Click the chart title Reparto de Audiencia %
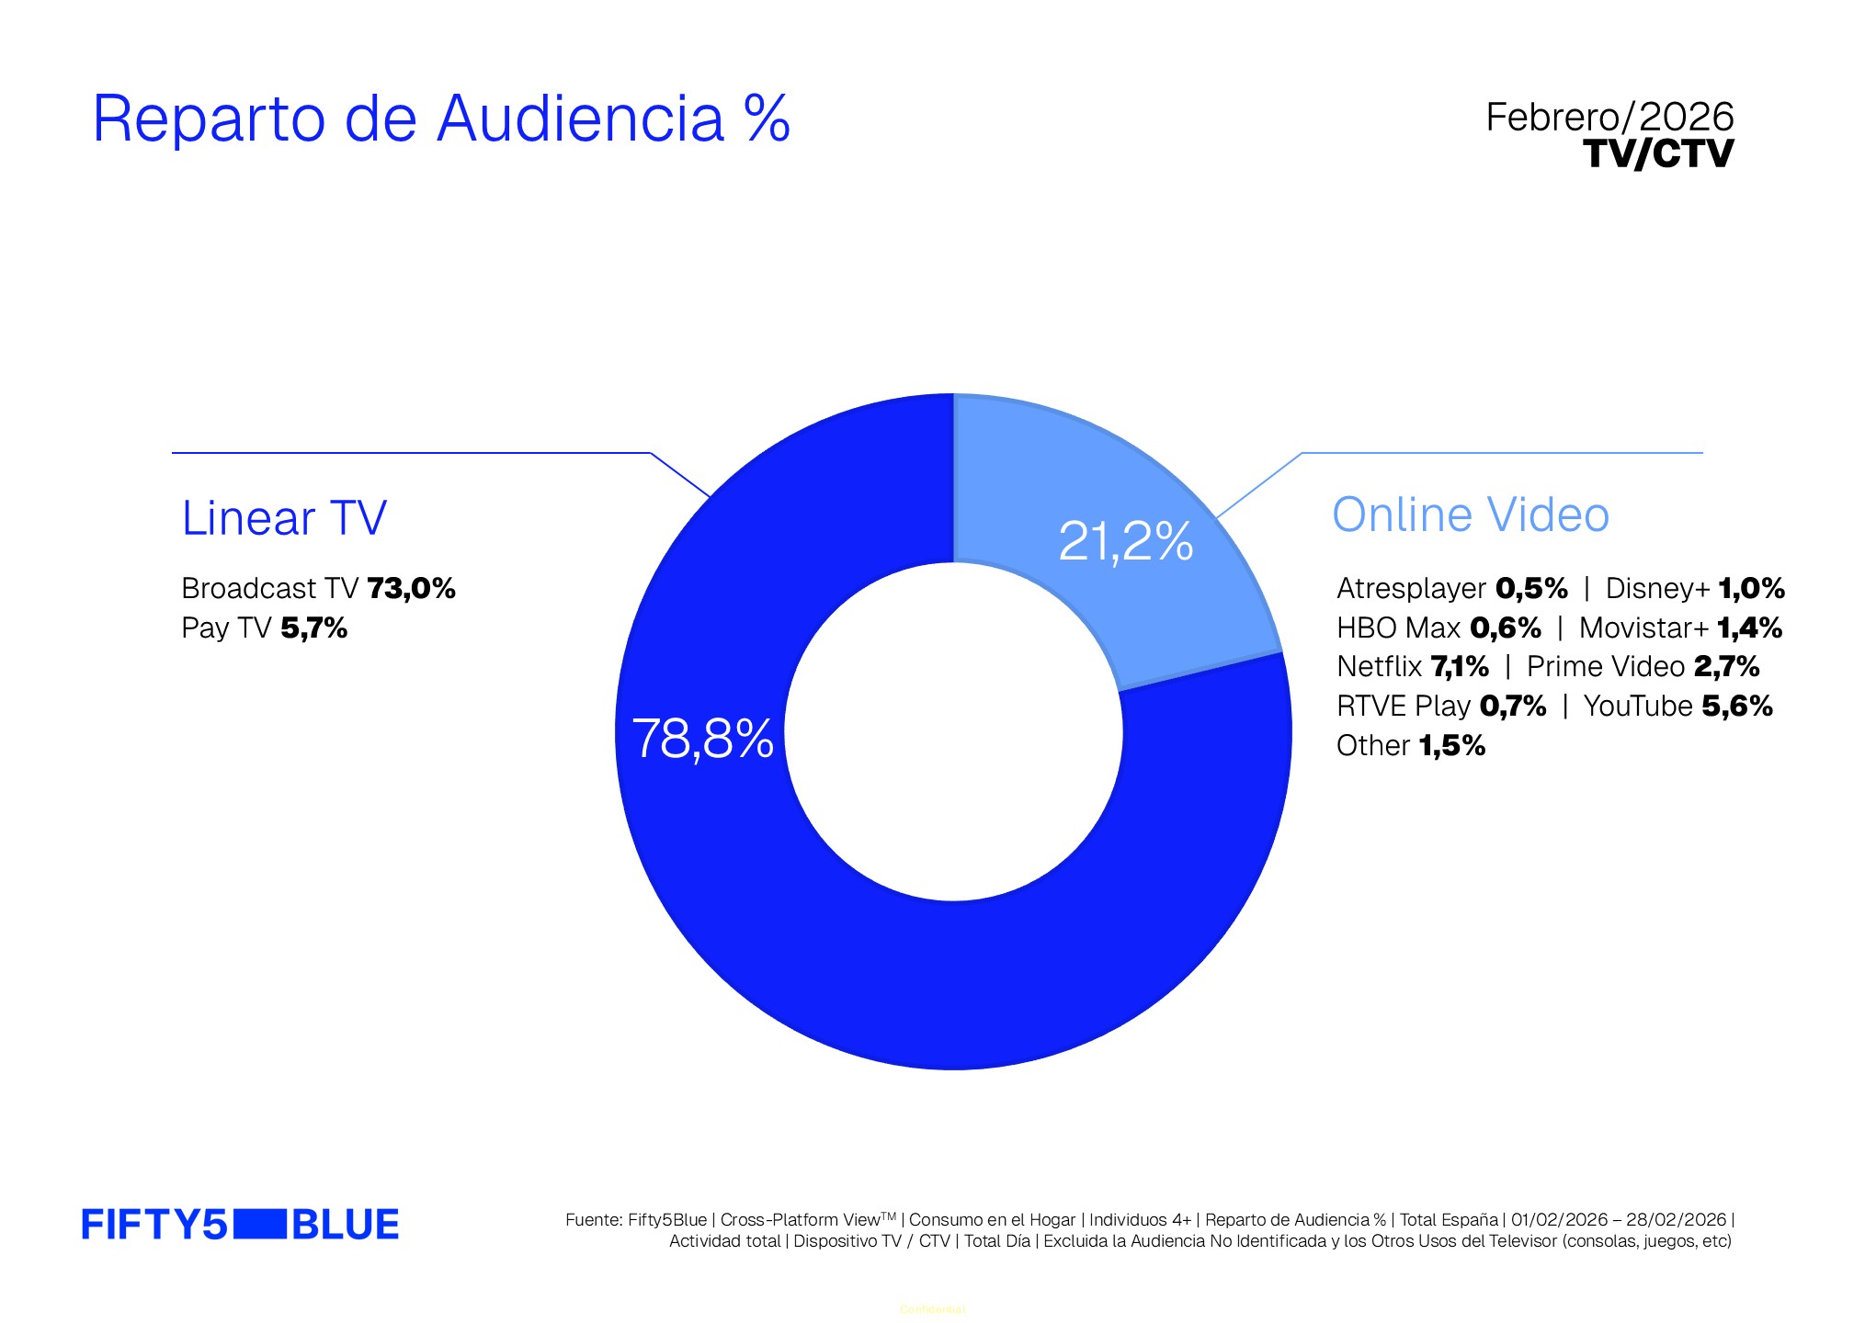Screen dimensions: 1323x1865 [441, 119]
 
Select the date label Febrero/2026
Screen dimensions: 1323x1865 [1609, 118]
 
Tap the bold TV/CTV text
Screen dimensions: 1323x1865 [1658, 153]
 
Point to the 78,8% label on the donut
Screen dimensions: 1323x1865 [702, 739]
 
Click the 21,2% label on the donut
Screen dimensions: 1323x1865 [1125, 541]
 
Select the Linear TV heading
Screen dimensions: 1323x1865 [284, 518]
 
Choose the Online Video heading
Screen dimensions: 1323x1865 [1470, 514]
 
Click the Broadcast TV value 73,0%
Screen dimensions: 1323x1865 [411, 588]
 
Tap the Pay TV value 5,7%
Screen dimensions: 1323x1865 [313, 628]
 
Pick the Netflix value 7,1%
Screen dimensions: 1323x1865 [1460, 667]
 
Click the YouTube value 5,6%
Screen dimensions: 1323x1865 [1736, 707]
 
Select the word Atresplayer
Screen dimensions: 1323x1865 [1411, 588]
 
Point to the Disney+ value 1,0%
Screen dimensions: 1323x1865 [1751, 588]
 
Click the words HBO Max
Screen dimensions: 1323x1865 [1398, 628]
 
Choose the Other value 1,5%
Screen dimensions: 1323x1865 [1451, 746]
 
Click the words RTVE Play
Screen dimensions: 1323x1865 [1404, 707]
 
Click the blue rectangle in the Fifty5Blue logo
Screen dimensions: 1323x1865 [260, 1225]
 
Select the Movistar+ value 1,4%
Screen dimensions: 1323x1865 [1749, 628]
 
